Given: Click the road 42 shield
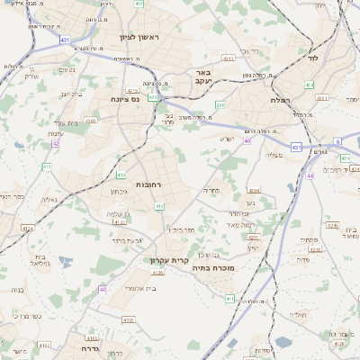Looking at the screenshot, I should (56, 142).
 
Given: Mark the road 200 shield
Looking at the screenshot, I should (220, 105).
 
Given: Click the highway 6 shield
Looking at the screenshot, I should (337, 141).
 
